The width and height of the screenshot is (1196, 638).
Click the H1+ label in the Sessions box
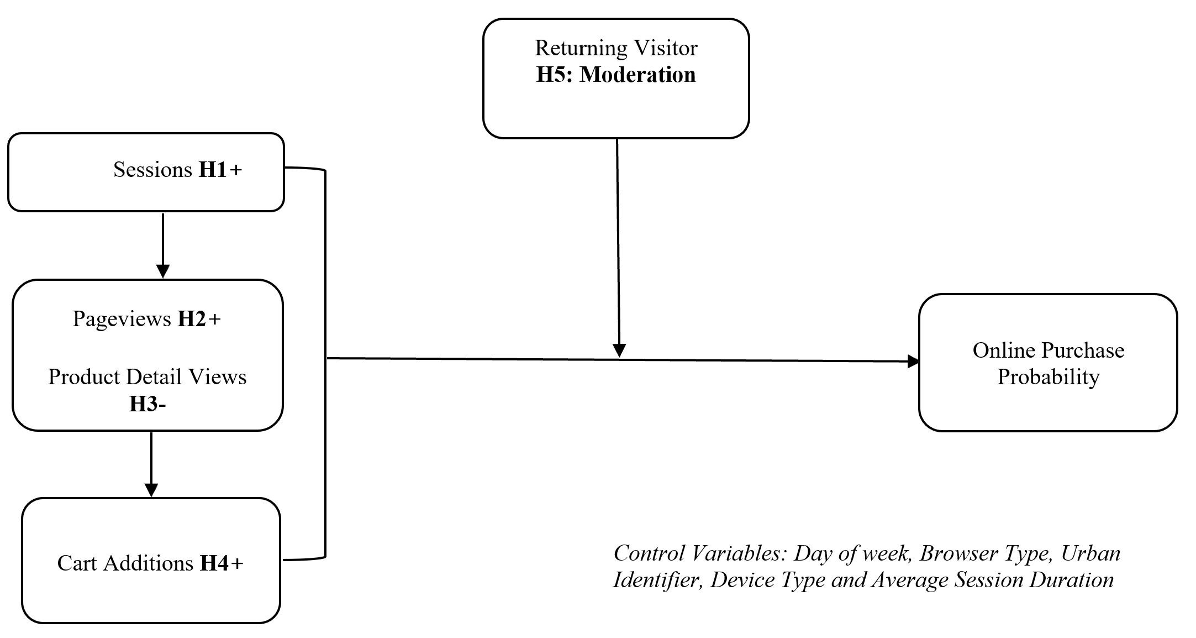coord(220,170)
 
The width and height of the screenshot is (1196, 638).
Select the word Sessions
coord(152,170)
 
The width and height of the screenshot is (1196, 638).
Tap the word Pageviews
coord(122,319)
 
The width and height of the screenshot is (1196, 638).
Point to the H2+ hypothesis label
coord(199,319)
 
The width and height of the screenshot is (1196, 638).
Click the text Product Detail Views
coord(147,377)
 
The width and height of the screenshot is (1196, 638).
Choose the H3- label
coord(147,404)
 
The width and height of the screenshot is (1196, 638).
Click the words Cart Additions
coord(125,563)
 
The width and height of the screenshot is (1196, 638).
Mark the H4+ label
coord(222,563)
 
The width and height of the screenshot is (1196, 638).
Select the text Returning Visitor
coord(616,48)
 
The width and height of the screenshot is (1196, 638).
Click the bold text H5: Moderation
coord(616,75)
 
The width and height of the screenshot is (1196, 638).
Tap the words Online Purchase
coord(1048,351)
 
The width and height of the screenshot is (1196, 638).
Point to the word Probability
coord(1048,377)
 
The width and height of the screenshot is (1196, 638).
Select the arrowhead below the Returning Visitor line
coord(619,351)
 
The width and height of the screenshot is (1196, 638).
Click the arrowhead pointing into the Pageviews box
coord(163,271)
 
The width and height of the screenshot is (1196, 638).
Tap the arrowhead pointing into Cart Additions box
coord(151,490)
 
